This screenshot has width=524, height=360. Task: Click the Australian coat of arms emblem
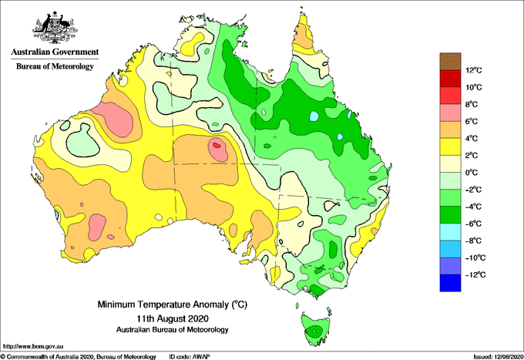click(x=55, y=28)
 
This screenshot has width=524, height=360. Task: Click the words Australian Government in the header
click(x=55, y=52)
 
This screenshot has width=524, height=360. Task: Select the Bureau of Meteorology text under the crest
click(x=55, y=66)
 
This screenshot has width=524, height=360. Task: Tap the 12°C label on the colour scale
click(x=474, y=70)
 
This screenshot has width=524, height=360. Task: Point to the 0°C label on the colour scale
click(x=472, y=173)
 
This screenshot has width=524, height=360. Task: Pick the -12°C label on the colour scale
click(x=475, y=274)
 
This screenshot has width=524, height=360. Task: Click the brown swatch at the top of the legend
click(x=450, y=61)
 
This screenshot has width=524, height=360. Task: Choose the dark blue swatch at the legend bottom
click(x=450, y=283)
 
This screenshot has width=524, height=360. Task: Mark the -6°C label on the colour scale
click(x=473, y=224)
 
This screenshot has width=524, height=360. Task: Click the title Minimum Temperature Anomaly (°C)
click(x=173, y=304)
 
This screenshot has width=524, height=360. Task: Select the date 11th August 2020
click(x=173, y=318)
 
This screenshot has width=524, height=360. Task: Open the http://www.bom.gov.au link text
click(x=33, y=346)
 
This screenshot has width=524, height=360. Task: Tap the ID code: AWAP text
click(x=190, y=357)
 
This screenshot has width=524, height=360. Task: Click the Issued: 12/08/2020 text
click(x=498, y=357)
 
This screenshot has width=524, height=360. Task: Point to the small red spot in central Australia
click(x=217, y=145)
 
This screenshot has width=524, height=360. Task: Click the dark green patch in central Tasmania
click(x=314, y=331)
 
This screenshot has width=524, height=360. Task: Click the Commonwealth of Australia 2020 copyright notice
click(x=79, y=357)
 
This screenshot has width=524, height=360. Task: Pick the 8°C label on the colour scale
click(x=472, y=104)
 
